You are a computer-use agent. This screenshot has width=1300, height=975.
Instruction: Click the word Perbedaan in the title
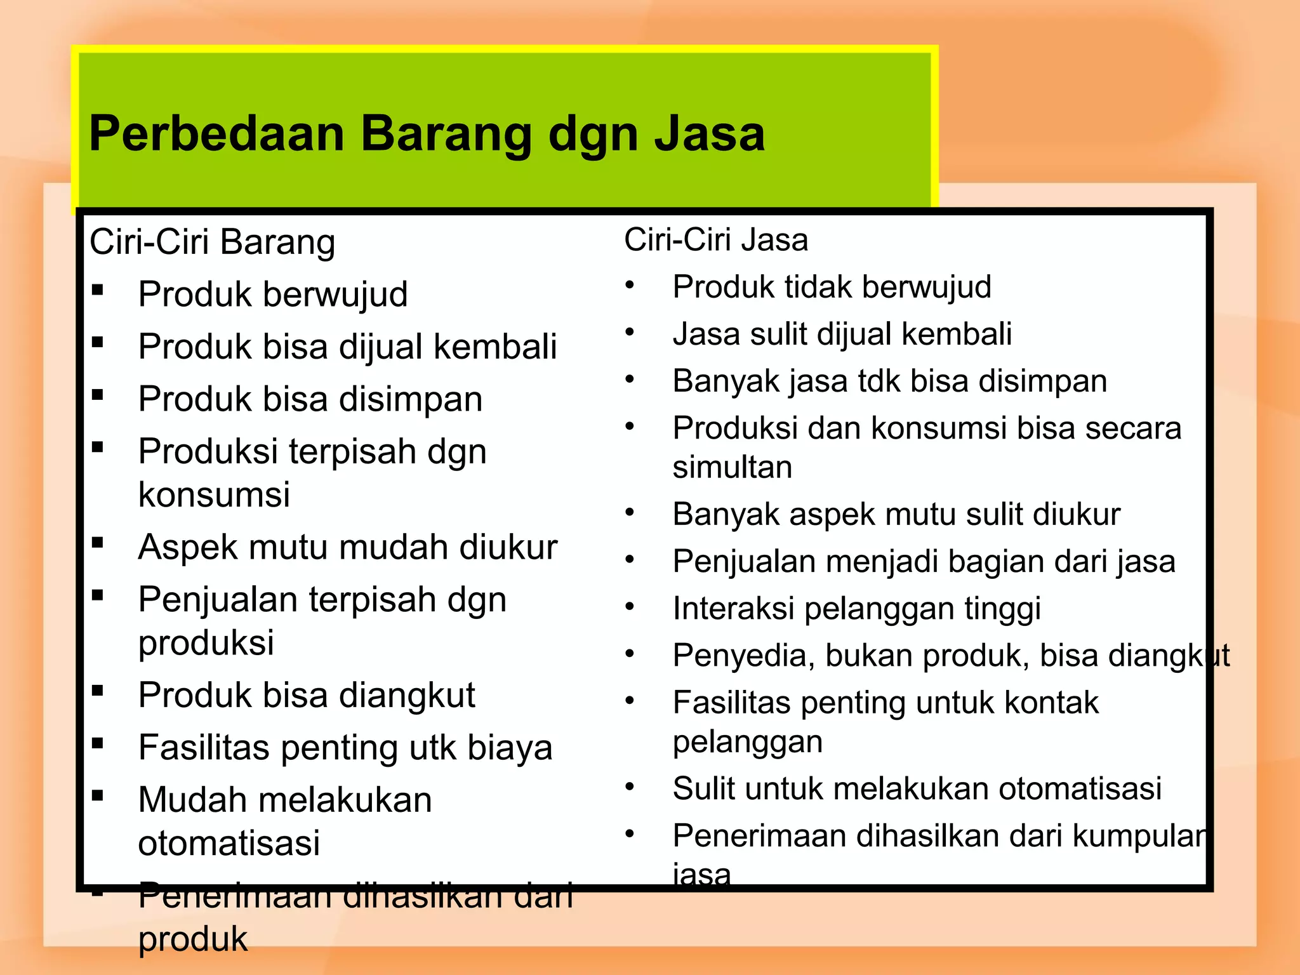tap(216, 134)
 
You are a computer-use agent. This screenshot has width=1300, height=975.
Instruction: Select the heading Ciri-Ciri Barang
tap(212, 242)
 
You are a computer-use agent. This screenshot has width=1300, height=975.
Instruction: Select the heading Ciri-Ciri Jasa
tap(715, 240)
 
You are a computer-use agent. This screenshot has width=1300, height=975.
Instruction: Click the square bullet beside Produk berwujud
tap(98, 291)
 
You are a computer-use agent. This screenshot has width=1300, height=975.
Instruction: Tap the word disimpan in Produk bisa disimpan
tap(410, 399)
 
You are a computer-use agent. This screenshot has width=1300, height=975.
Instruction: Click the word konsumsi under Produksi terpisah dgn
tap(214, 494)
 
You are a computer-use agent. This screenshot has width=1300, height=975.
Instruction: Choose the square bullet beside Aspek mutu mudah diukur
tap(98, 543)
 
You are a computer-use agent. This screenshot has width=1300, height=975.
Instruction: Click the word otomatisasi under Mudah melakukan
tap(229, 844)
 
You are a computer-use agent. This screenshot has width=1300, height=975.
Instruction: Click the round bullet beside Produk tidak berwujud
tap(630, 285)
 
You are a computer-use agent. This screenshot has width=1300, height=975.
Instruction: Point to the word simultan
tap(732, 468)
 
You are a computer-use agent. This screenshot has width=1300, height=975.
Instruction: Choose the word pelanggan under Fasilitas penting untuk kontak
tap(747, 742)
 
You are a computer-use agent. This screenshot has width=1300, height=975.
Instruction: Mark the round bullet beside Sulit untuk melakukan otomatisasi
tap(630, 787)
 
